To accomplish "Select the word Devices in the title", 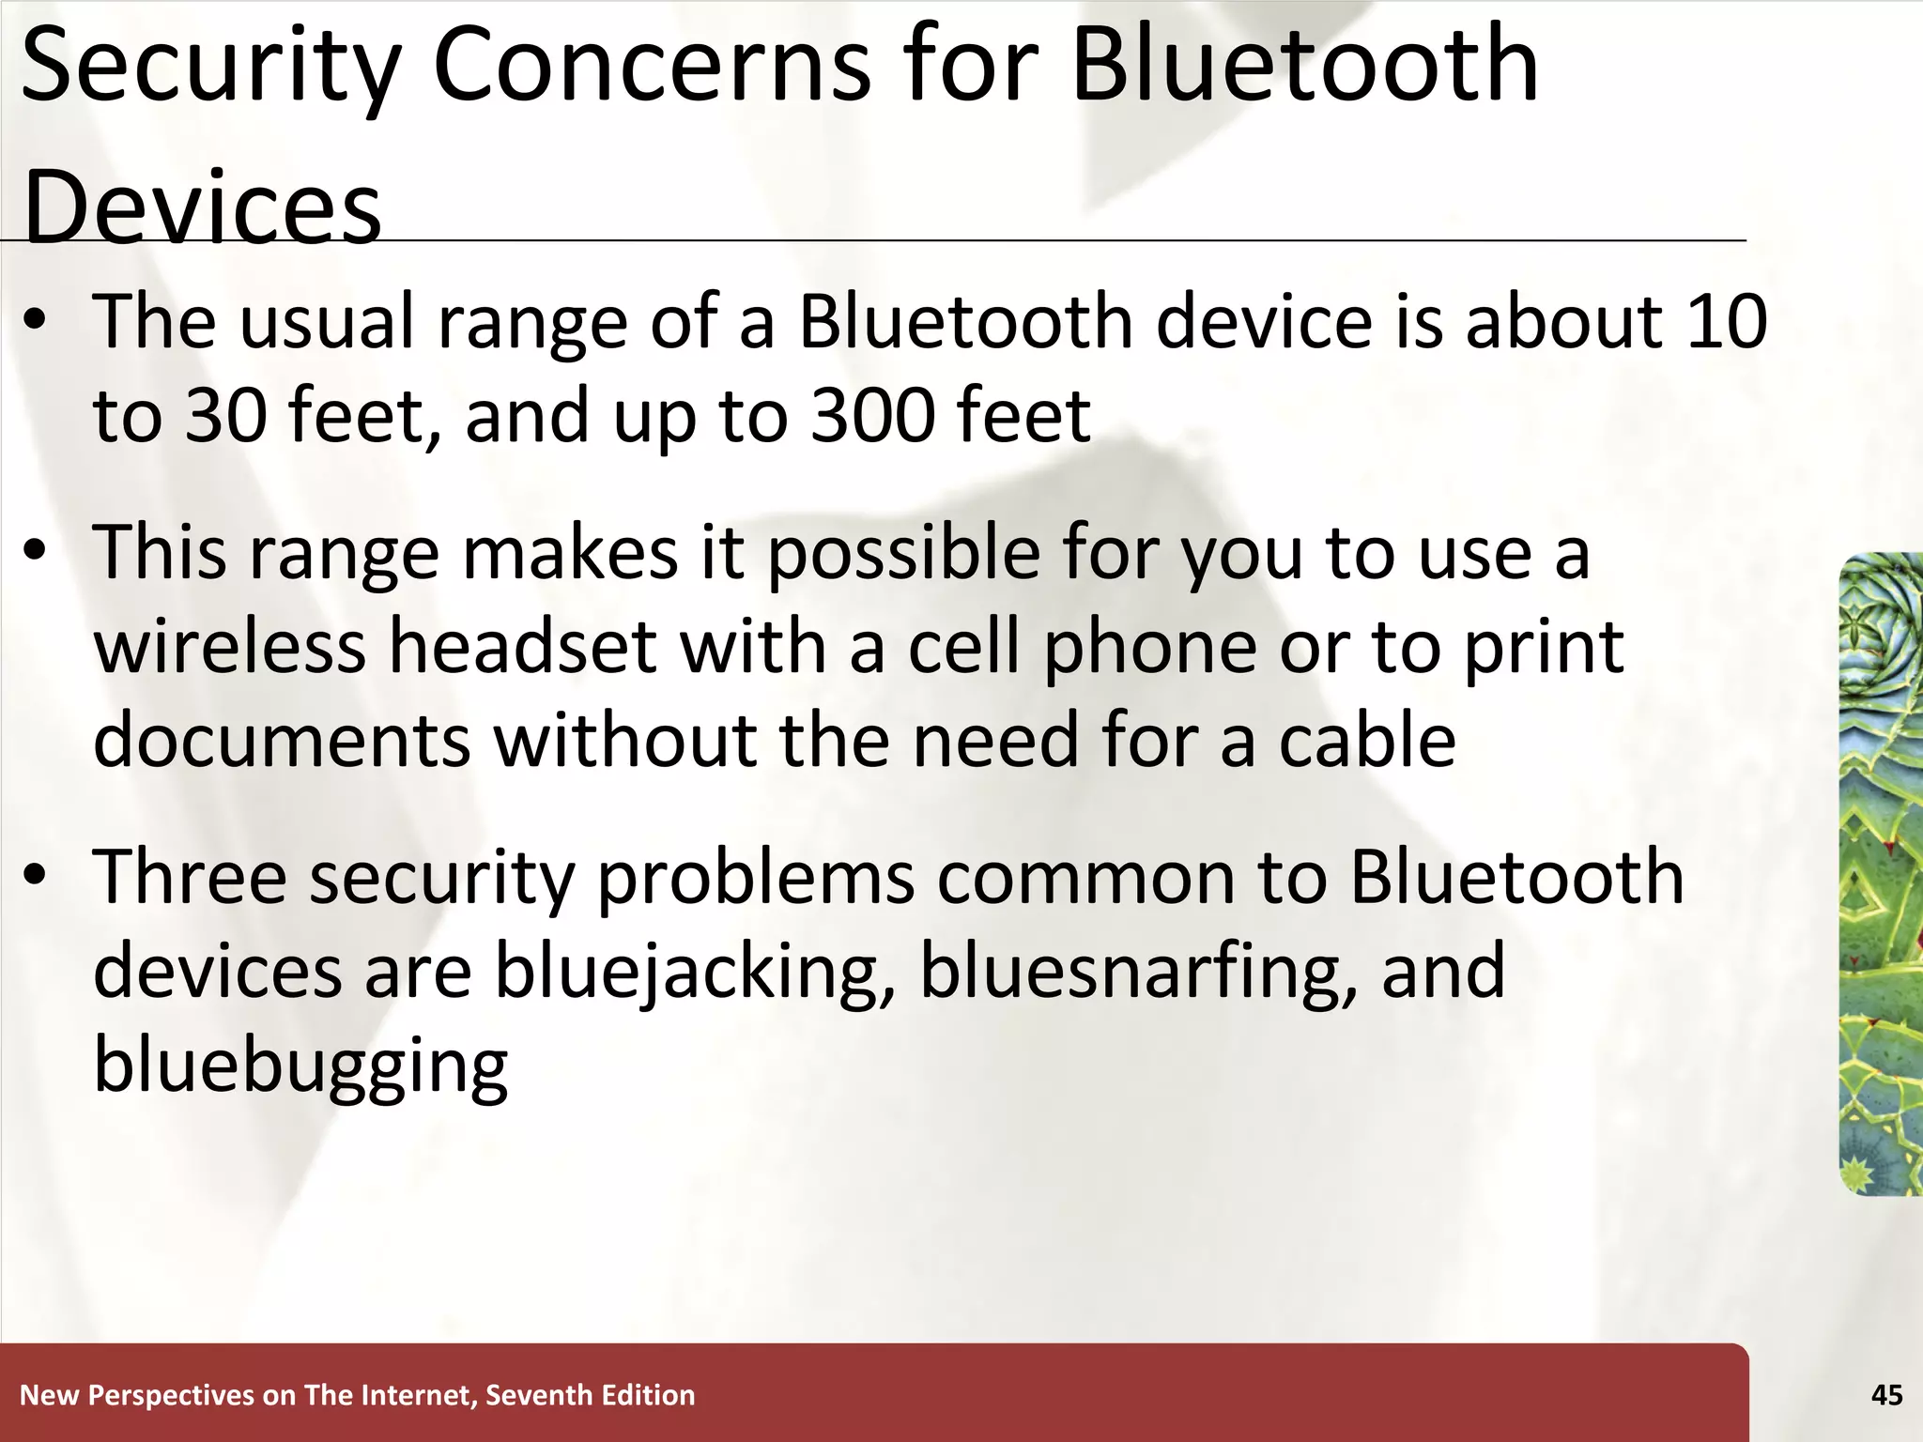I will pyautogui.click(x=202, y=207).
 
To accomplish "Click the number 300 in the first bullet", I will pyautogui.click(x=872, y=415).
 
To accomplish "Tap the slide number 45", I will pyautogui.click(x=1886, y=1395).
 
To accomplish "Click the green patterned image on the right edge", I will pyautogui.click(x=1882, y=873).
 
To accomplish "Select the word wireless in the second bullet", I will pyautogui.click(x=229, y=647).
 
